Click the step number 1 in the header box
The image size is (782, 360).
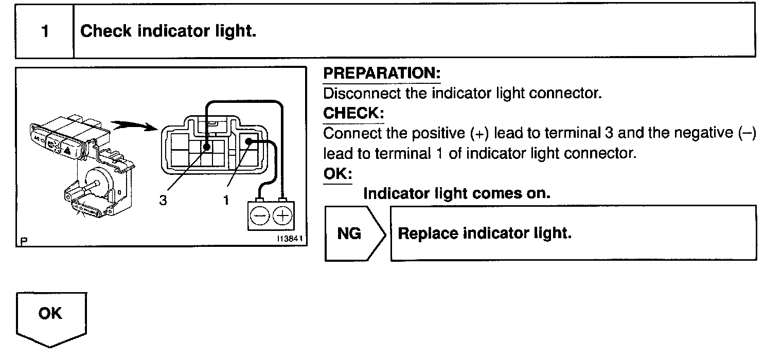[x=45, y=31]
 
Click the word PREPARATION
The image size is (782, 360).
[x=381, y=74]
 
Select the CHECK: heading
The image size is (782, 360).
[x=353, y=113]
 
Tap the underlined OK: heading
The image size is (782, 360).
[x=337, y=173]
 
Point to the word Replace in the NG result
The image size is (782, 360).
[x=428, y=233]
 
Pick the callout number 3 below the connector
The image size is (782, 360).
[x=163, y=201]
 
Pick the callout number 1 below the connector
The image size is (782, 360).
[x=225, y=201]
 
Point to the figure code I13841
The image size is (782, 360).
[x=289, y=239]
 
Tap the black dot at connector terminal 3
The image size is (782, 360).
[x=206, y=147]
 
